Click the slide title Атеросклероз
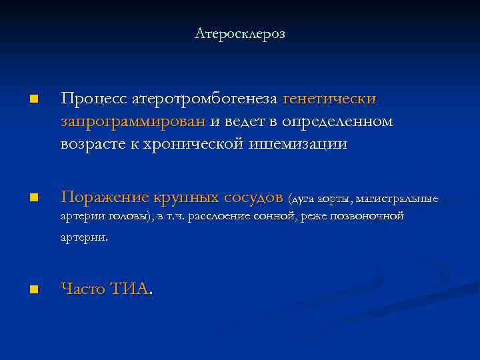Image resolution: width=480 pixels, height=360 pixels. tap(239, 33)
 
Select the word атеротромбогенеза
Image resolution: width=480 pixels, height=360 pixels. tap(202, 99)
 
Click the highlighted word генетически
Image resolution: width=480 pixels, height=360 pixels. tap(330, 99)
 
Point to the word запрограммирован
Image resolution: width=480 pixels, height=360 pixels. tap(134, 122)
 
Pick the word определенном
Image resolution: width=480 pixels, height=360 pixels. tap(337, 122)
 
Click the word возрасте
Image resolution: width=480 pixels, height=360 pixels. tap(91, 144)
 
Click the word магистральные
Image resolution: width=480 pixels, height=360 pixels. tap(397, 199)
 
